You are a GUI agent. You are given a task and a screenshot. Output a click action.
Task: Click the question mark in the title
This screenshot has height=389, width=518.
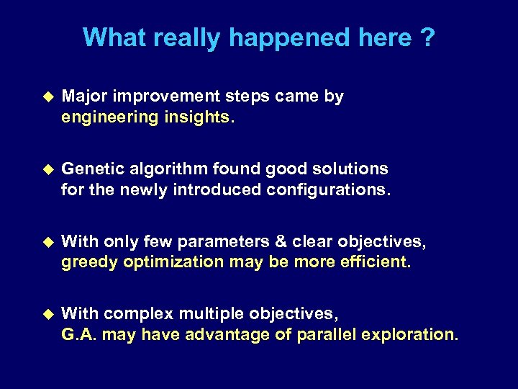tap(427, 37)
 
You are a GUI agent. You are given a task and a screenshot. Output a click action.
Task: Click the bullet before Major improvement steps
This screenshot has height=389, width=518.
tap(49, 96)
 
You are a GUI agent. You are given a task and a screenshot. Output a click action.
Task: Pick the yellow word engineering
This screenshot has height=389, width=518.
tap(108, 117)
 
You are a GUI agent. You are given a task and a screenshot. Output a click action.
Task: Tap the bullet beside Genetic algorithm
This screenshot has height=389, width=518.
tap(49, 169)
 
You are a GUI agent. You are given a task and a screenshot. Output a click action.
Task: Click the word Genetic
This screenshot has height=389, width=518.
tap(91, 169)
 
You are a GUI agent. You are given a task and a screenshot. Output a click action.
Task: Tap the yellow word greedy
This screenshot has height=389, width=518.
tap(90, 262)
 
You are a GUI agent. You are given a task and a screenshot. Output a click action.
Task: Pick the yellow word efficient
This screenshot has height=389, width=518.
tap(373, 261)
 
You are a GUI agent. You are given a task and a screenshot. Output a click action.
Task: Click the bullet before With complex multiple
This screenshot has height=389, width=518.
tap(49, 313)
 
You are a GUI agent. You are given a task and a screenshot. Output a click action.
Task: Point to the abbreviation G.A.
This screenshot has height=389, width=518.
tap(78, 334)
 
